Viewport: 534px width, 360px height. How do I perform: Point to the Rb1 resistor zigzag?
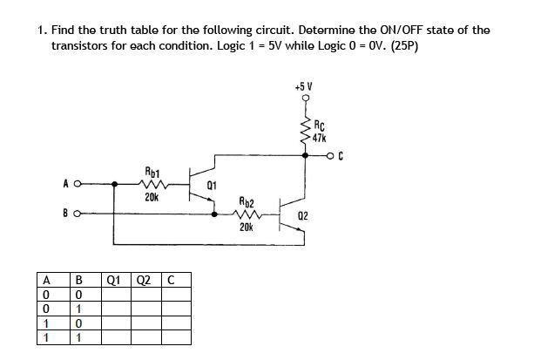click(152, 185)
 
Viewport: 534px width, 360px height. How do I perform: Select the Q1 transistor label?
click(213, 186)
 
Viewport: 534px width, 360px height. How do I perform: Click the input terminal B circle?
click(77, 211)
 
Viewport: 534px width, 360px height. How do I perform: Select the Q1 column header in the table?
click(113, 281)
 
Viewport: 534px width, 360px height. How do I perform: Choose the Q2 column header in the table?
click(145, 281)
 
